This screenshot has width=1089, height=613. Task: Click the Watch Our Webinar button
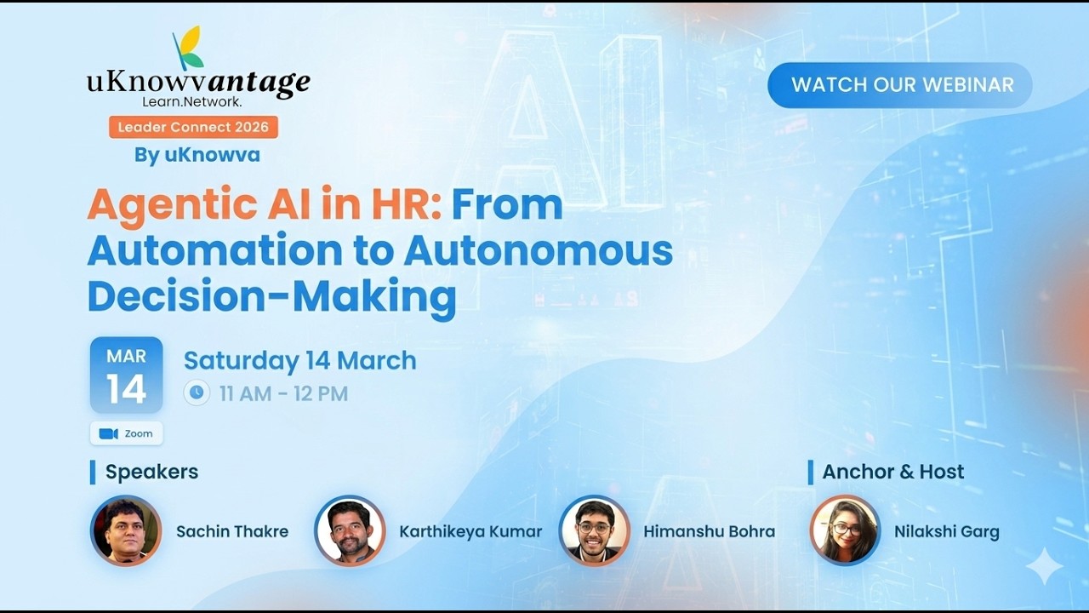(900, 85)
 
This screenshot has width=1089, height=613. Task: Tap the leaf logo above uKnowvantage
(189, 48)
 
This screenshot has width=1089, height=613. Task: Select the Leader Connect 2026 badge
(193, 128)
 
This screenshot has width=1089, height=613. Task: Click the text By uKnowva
(197, 155)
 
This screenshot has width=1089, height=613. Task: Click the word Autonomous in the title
(539, 251)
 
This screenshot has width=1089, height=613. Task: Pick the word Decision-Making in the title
(271, 297)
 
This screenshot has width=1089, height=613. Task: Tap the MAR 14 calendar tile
(126, 375)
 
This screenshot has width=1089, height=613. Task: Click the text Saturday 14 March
(299, 360)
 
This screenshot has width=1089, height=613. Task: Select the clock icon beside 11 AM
(197, 392)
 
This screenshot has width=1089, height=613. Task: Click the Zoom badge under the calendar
(126, 433)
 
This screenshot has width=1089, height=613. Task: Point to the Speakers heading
(151, 472)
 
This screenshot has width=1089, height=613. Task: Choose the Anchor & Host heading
(892, 472)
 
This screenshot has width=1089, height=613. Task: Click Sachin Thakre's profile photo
(126, 531)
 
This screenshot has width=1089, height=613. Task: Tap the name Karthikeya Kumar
(470, 531)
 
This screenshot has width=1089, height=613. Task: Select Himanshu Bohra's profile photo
(594, 531)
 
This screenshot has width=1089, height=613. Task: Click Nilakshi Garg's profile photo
(844, 531)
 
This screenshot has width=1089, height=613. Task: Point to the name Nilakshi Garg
(946, 531)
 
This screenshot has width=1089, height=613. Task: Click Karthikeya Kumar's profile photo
(350, 531)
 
